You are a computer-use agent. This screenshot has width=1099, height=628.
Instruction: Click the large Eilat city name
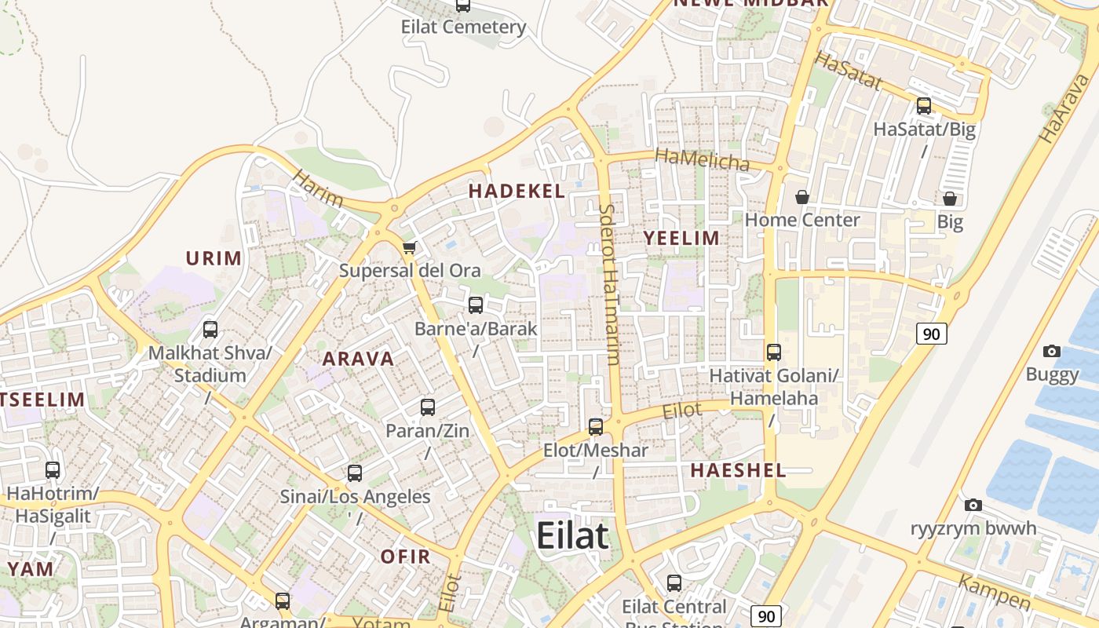click(572, 536)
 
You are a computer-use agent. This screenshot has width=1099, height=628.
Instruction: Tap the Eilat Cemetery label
click(463, 27)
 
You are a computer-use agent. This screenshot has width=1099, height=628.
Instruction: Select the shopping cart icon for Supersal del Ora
click(408, 248)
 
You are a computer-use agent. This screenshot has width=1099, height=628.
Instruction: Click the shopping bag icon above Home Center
click(801, 197)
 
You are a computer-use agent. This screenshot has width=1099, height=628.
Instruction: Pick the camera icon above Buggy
click(1052, 351)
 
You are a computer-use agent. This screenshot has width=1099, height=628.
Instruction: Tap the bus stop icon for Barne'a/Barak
click(475, 305)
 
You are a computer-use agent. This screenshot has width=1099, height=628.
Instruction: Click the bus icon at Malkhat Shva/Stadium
click(210, 330)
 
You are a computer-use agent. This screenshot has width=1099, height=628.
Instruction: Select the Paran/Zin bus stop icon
click(427, 407)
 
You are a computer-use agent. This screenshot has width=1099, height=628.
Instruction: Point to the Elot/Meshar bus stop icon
click(596, 427)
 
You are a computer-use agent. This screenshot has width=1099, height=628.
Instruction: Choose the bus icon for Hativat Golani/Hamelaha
click(774, 352)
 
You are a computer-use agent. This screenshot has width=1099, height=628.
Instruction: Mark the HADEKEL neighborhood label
click(517, 191)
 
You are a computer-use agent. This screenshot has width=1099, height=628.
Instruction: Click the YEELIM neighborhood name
click(681, 238)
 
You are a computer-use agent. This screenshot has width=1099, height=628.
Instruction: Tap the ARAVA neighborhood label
click(358, 359)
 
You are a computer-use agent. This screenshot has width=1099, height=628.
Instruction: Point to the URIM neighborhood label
click(214, 257)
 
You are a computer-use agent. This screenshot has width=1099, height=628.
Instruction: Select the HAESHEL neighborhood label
click(738, 470)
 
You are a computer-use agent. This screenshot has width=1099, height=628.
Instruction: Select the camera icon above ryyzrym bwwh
click(973, 505)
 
